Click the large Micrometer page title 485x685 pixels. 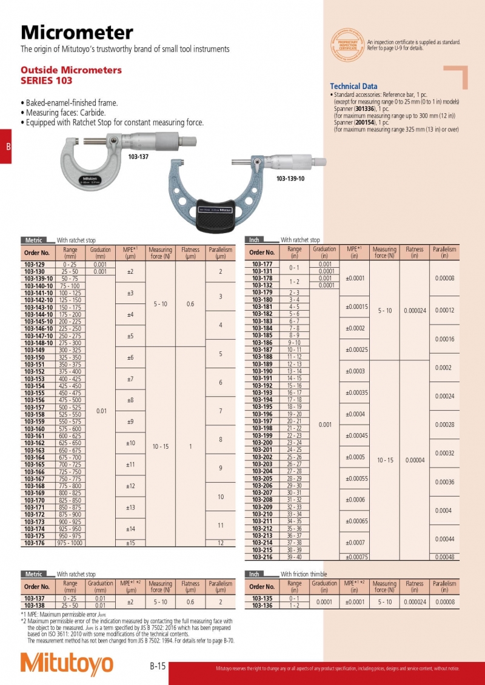pos(77,32)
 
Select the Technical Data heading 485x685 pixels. pos(353,87)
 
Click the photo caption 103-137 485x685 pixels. pos(138,156)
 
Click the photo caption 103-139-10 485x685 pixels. pos(290,179)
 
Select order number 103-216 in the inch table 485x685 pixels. pos(263,557)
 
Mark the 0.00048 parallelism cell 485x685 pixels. pos(444,557)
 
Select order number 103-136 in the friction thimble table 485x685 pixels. pos(263,605)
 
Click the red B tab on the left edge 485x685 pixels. pos(6,147)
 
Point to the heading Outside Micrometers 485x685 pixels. pos(71,70)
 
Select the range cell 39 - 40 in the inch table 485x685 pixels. pos(295,557)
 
